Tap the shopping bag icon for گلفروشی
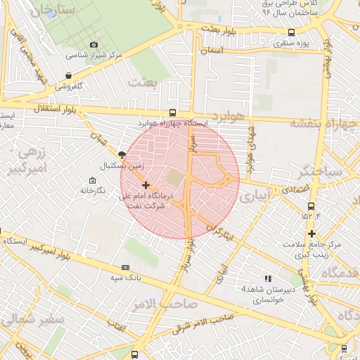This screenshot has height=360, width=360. coord(67,75)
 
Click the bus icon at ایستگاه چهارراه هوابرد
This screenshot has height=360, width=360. coord(173,112)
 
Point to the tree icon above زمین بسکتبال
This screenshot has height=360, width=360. coord(122,155)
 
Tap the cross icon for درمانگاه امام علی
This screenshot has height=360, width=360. coord(146,185)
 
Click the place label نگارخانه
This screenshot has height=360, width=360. coord(92,191)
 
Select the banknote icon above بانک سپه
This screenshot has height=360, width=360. coord(126,267)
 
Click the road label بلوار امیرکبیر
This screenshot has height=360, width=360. coord(52,249)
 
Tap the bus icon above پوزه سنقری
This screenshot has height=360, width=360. coord(292,32)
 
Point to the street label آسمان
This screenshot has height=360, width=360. coord(211,51)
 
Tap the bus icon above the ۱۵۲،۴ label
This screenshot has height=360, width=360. coord(311,205)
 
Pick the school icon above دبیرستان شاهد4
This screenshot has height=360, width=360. coord(266,278)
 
